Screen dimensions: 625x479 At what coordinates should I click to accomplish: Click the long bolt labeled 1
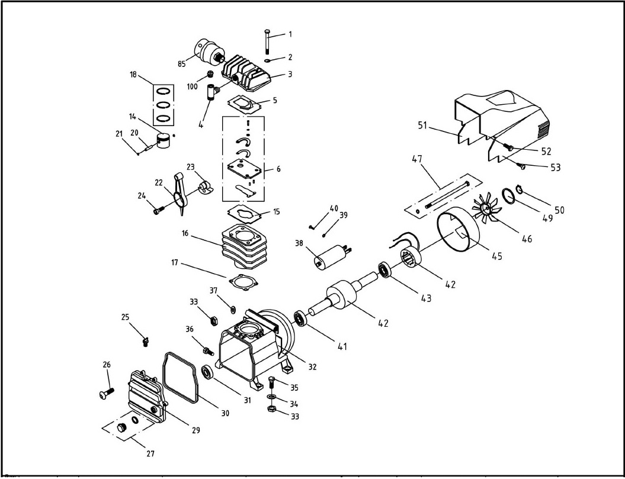tap(267, 41)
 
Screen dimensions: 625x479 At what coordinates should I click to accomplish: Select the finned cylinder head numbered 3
tap(246, 76)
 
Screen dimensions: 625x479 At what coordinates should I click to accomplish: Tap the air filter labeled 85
tap(209, 52)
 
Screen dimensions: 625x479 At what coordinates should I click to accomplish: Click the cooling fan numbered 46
tap(486, 208)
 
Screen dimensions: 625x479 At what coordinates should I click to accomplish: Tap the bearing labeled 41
tap(301, 319)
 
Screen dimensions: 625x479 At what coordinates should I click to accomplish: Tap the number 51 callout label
tap(422, 126)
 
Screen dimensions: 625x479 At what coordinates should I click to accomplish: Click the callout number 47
tap(417, 159)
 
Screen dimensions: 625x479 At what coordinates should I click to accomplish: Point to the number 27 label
tap(150, 453)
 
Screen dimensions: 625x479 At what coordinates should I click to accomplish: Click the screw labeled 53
tap(521, 166)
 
